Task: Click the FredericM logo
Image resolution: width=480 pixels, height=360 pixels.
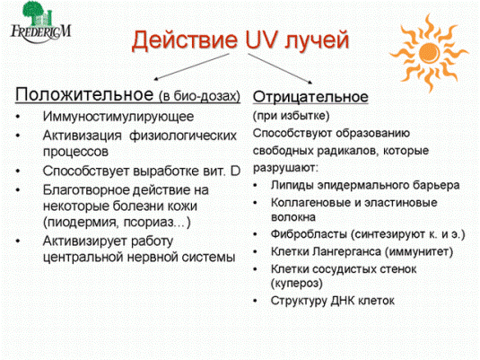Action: click(x=40, y=22)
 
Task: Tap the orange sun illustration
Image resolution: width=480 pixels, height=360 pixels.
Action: click(x=429, y=52)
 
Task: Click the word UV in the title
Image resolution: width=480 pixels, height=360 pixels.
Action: click(x=261, y=40)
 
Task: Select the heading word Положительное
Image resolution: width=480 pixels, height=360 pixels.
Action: click(x=84, y=94)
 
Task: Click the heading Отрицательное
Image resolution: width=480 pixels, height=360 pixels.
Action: click(x=310, y=97)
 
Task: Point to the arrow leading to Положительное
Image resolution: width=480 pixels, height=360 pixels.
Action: click(x=191, y=66)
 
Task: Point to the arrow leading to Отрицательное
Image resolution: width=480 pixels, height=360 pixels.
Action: click(x=280, y=68)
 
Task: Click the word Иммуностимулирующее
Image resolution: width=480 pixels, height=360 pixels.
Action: click(x=118, y=117)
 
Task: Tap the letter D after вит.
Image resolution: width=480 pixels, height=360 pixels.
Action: click(x=235, y=171)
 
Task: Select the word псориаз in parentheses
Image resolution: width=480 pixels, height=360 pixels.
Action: click(x=148, y=222)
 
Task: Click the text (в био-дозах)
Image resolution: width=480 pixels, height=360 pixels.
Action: click(x=199, y=96)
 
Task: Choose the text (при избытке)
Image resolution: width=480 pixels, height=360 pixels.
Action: click(x=291, y=116)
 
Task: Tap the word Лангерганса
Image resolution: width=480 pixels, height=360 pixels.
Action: click(x=347, y=252)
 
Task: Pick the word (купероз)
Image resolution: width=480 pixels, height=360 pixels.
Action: click(x=297, y=283)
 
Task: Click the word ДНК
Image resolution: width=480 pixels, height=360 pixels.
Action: click(x=342, y=301)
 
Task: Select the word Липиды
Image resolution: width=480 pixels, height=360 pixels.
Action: click(x=292, y=185)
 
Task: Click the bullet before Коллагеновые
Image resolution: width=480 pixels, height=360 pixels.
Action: click(x=256, y=203)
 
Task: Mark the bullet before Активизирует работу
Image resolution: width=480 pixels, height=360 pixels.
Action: click(x=18, y=241)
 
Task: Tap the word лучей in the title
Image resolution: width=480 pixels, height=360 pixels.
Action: click(x=317, y=40)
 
